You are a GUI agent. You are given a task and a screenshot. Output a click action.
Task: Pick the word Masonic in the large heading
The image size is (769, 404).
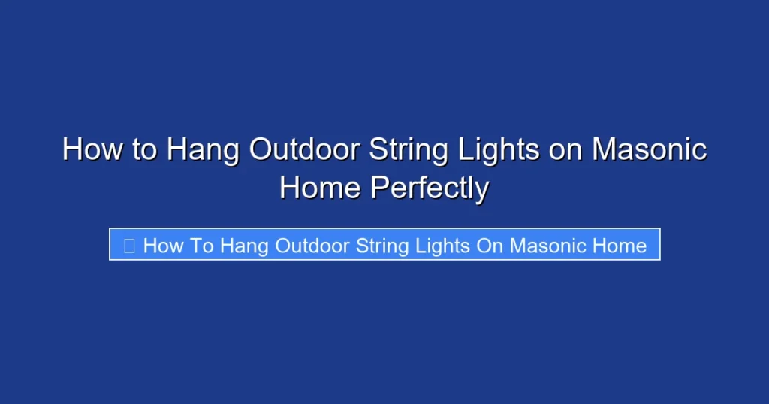[650, 149]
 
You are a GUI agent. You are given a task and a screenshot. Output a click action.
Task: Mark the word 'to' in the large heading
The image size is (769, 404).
[145, 149]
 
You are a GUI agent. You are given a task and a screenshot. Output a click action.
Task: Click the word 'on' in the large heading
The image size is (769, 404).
[565, 149]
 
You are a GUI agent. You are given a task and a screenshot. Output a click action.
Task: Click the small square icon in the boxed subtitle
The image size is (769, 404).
[128, 245]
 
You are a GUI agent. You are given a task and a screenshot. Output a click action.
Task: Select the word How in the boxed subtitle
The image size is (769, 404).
[160, 245]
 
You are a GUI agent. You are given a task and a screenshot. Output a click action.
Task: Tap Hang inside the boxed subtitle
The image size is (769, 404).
[244, 245]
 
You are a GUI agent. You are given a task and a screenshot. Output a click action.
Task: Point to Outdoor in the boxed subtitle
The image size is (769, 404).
[313, 245]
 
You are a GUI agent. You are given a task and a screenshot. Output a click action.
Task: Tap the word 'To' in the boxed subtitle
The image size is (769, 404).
[199, 245]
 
